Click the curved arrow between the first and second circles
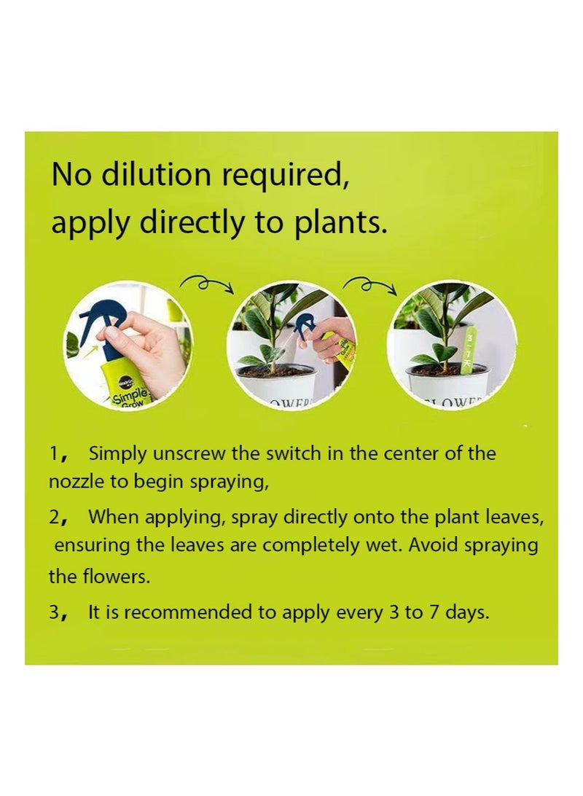208,283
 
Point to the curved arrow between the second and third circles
370,283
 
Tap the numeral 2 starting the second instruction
54,518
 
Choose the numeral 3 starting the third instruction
54,613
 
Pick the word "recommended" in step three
192,613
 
